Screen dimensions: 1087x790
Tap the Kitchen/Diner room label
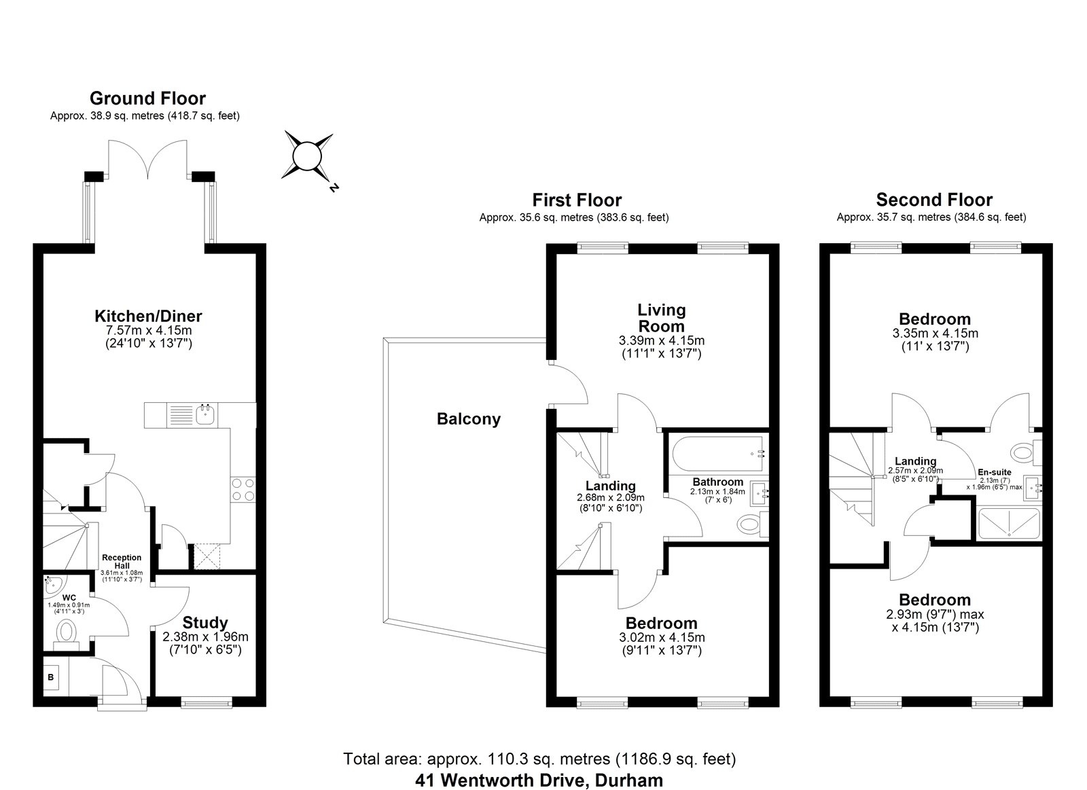click(148, 316)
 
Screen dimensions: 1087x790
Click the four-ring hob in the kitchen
click(243, 489)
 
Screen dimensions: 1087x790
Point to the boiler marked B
click(50, 677)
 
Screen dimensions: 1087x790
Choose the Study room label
click(204, 623)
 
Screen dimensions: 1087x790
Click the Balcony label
click(468, 419)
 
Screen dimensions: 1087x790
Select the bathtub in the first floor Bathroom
click(717, 454)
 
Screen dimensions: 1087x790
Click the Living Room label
click(662, 318)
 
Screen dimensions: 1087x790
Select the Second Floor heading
click(934, 200)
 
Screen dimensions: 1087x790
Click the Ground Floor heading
click(147, 98)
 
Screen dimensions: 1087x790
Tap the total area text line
click(539, 759)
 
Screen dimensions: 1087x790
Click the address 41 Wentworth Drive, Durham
click(539, 780)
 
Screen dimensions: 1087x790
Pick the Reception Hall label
click(122, 562)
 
